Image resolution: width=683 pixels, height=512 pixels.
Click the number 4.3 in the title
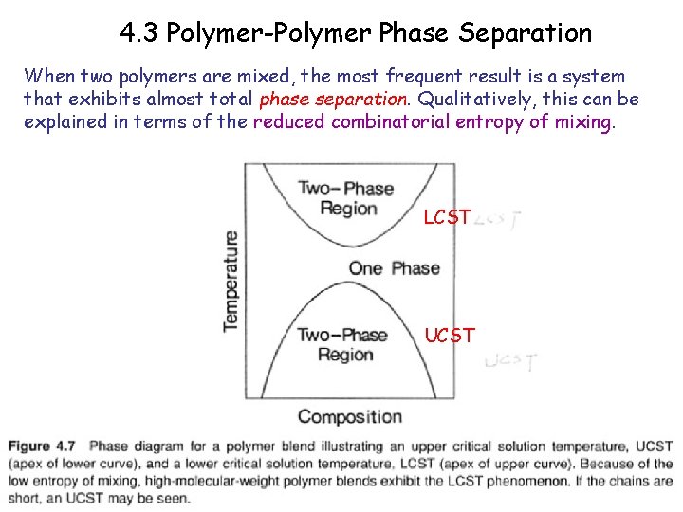[140, 33]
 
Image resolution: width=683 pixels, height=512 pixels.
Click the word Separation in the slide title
[525, 33]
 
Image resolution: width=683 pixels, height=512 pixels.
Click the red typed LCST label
[447, 218]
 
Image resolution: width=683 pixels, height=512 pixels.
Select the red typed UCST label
[450, 336]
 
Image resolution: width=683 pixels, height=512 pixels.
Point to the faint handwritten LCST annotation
[499, 220]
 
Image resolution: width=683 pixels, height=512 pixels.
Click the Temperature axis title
[231, 281]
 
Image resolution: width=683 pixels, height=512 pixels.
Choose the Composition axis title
[350, 416]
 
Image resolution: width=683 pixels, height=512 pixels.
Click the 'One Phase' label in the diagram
[394, 267]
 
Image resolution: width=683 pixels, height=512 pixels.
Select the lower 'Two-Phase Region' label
[342, 344]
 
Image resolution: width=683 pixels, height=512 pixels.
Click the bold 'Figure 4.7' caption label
[45, 447]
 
